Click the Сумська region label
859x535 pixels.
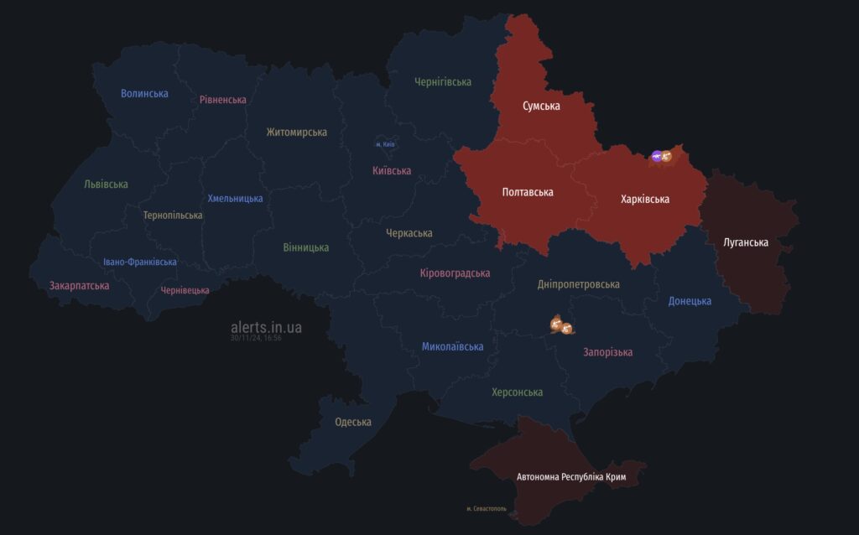[x=541, y=106]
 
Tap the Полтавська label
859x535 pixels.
[x=528, y=192]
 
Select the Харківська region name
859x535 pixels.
[x=645, y=200]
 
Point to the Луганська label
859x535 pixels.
[x=746, y=242]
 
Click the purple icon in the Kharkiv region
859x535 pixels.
[x=657, y=156]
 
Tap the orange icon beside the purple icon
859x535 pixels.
[x=667, y=156]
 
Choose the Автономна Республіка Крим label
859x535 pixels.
[x=571, y=477]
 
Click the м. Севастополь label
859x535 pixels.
[x=487, y=509]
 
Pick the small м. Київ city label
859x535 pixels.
[x=385, y=144]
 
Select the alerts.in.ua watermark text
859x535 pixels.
[x=267, y=326]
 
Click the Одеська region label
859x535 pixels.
[x=352, y=422]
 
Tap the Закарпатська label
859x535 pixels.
[x=80, y=285]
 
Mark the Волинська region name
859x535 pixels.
[x=144, y=93]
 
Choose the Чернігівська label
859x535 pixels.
[x=443, y=81]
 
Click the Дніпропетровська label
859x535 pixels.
[x=579, y=284]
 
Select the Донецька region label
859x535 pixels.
[x=690, y=301]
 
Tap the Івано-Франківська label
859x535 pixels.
[x=140, y=262]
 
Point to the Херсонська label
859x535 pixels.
[x=517, y=392]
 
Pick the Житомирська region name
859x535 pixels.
[x=297, y=132]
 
